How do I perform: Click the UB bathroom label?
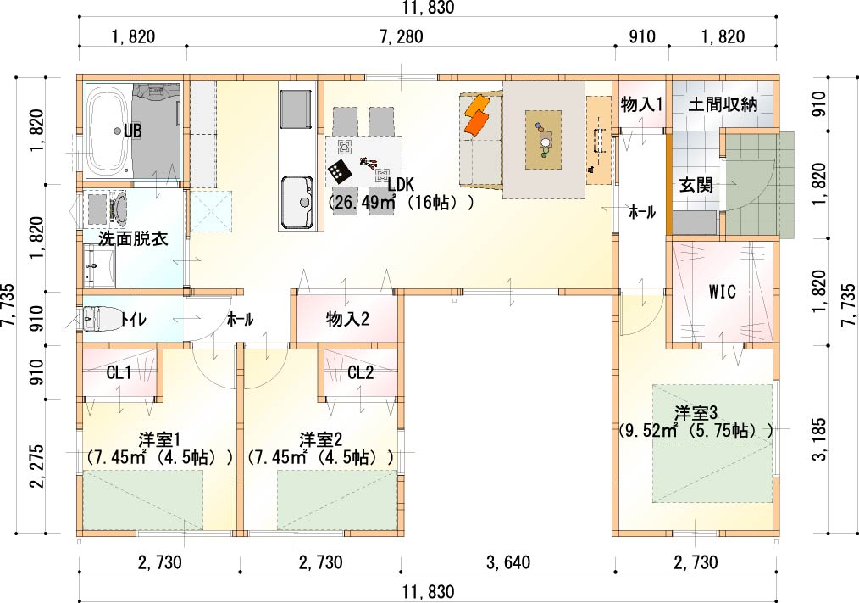[132, 131]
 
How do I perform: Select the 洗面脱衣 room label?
[133, 238]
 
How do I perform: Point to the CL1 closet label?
[119, 373]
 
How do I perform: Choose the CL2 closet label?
[361, 373]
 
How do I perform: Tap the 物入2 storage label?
[347, 319]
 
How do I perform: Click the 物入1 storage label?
[641, 104]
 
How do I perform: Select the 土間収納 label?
[723, 104]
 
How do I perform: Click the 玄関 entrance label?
[696, 185]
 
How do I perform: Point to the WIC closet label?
[722, 292]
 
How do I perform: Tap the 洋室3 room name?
[696, 413]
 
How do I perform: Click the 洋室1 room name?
[159, 439]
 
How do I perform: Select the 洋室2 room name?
[321, 439]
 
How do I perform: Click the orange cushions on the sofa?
[477, 115]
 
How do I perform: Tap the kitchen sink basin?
[297, 201]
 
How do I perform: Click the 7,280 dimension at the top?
[401, 36]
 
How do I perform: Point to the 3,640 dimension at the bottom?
[507, 562]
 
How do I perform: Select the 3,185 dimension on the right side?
[819, 439]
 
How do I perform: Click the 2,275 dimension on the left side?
[38, 467]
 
